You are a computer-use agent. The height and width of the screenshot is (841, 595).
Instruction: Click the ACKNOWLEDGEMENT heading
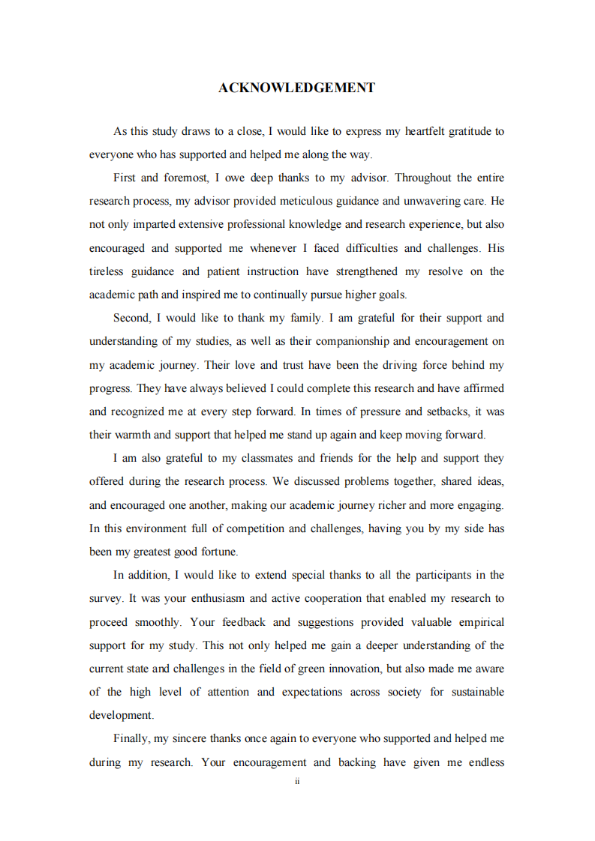(296, 88)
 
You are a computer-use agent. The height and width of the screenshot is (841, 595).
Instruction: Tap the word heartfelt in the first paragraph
(425, 131)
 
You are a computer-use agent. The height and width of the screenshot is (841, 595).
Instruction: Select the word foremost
(183, 178)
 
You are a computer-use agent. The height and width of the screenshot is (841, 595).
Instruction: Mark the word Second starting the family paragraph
(131, 318)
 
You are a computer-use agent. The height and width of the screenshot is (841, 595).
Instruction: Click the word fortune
(216, 552)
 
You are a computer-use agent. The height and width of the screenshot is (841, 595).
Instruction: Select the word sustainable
(478, 692)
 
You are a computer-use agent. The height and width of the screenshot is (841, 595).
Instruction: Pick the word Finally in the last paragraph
(131, 738)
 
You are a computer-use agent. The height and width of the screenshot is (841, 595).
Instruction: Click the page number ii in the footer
(297, 781)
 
